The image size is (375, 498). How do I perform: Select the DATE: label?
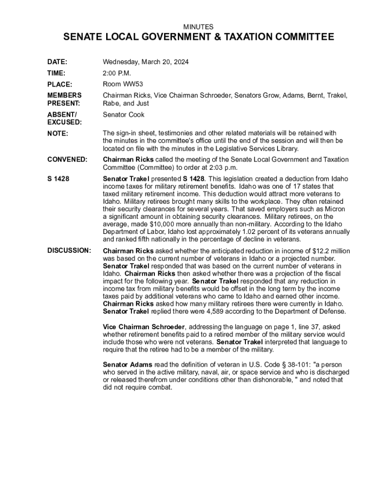click(x=57, y=62)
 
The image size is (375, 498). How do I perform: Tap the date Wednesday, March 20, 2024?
click(x=146, y=62)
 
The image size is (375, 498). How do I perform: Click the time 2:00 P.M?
click(x=117, y=73)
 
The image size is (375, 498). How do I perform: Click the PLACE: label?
click(x=59, y=85)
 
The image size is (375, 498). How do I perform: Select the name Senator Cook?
click(x=124, y=115)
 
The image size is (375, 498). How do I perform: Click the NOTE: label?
click(x=57, y=133)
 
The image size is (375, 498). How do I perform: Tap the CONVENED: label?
click(x=68, y=160)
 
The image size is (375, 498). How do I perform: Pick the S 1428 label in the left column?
click(x=58, y=179)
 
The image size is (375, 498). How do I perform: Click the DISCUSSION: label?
click(x=69, y=250)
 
